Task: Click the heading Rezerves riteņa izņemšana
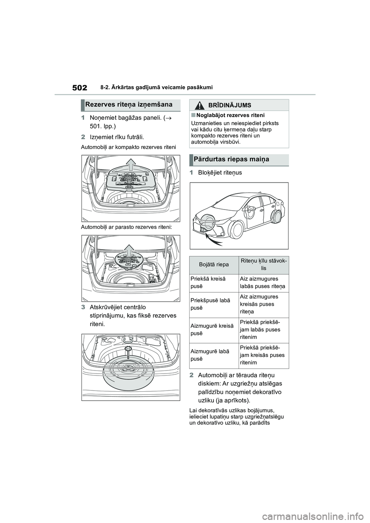pyautogui.click(x=129, y=104)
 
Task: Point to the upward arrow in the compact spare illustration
pyautogui.click(x=132, y=165)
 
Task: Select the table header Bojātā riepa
pyautogui.click(x=214, y=265)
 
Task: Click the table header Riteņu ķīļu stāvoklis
pyautogui.click(x=264, y=265)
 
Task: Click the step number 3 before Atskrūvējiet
pyautogui.click(x=83, y=307)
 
